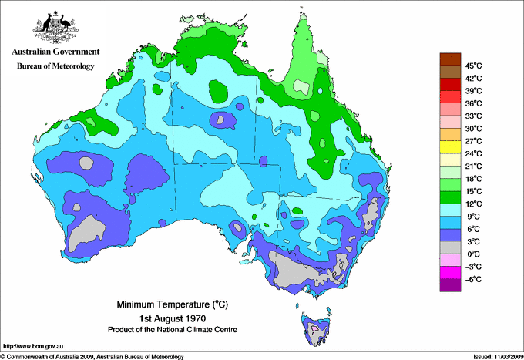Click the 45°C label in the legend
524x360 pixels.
[x=472, y=66]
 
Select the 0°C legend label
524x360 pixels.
[x=472, y=254]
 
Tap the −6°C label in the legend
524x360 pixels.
[x=472, y=279]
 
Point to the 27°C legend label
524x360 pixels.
[x=472, y=141]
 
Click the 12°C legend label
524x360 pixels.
[x=472, y=204]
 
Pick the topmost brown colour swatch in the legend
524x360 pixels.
[x=448, y=59]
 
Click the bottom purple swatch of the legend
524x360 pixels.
[x=448, y=285]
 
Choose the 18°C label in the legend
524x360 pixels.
[x=472, y=179]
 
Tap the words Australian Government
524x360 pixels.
[x=55, y=53]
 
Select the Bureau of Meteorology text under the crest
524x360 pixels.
[x=55, y=66]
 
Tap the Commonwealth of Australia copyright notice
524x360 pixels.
[x=92, y=355]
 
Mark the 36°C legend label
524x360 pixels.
[x=472, y=103]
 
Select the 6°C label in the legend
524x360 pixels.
[x=472, y=229]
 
